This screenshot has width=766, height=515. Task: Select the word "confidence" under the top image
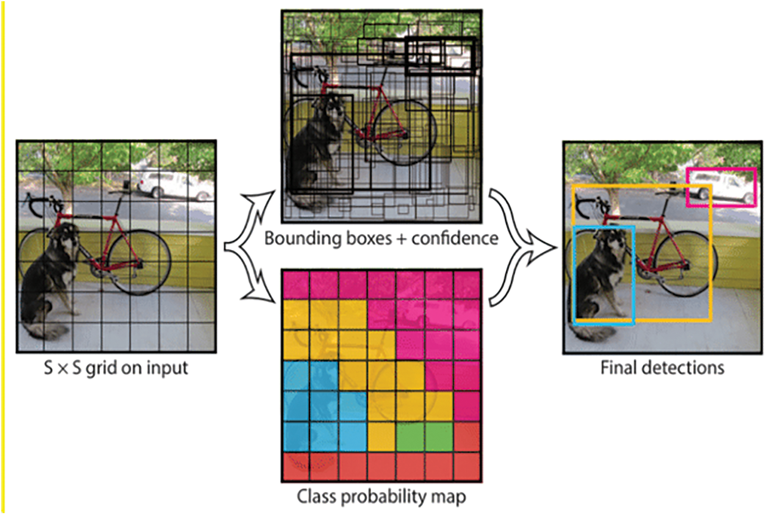(x=455, y=239)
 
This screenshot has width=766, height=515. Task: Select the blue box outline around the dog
(x=575, y=275)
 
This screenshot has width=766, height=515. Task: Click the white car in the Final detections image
(x=723, y=189)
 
